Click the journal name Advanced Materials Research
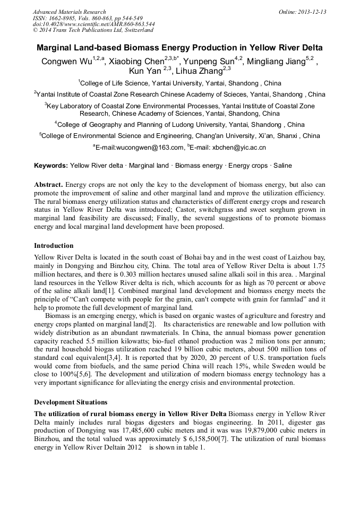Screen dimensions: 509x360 coord(69,12)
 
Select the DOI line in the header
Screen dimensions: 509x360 coord(94,24)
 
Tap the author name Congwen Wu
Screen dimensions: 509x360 coord(66,62)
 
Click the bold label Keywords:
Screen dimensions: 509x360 coord(51,166)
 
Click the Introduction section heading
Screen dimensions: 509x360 coord(54,246)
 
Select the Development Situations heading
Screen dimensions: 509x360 coord(71,402)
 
